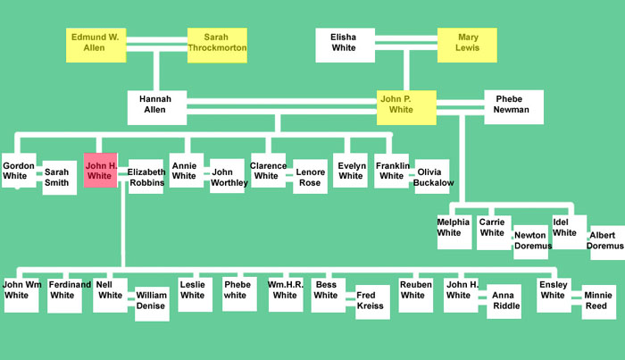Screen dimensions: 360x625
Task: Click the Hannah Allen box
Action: point(156,106)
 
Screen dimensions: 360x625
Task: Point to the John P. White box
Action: point(406,106)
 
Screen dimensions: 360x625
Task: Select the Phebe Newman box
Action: point(513,106)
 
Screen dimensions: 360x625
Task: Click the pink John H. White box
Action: point(100,171)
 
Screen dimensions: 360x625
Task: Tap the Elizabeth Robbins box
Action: point(146,176)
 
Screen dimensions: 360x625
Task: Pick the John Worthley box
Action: point(227,176)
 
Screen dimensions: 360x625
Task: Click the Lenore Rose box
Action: point(310,176)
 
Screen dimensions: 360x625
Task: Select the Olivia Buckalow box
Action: point(431,176)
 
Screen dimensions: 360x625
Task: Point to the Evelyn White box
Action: point(351,171)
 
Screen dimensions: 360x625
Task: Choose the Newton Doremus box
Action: point(530,241)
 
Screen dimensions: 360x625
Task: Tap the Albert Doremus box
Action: point(607,242)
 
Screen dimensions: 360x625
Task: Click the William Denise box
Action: point(152,303)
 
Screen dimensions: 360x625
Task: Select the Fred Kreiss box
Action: point(372,302)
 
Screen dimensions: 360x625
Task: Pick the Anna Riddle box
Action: point(504,302)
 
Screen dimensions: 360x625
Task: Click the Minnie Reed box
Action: point(597,302)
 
